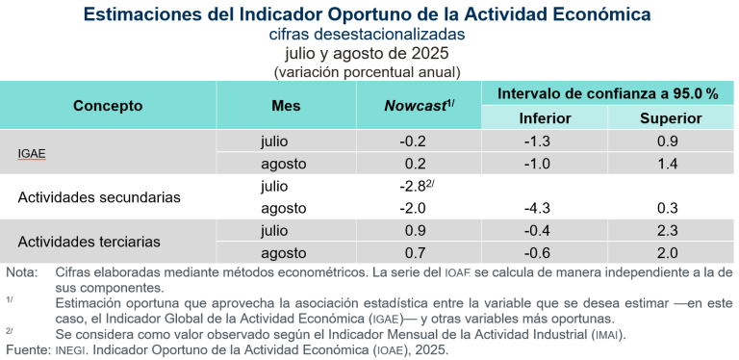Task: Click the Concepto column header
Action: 108,106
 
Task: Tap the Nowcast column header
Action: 419,106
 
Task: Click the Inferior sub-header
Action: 545,118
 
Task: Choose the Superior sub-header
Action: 670,118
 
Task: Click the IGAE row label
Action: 33,153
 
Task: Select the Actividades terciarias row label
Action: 89,241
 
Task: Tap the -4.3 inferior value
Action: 545,208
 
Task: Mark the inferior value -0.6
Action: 545,252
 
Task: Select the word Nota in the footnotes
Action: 21,272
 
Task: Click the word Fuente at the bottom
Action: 26,350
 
